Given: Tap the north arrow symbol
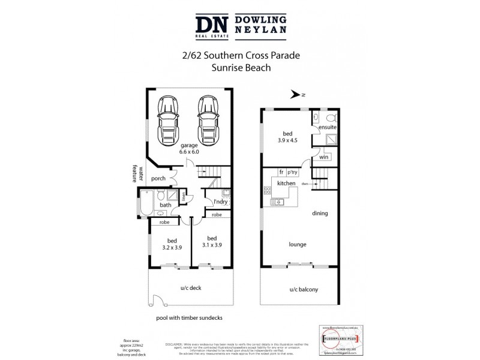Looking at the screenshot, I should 295,94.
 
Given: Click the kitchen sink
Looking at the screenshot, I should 278,203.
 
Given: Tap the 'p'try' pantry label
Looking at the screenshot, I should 294,173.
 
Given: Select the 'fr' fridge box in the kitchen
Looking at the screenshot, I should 280,173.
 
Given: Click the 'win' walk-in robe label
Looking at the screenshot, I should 324,157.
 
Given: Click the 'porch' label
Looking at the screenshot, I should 158,178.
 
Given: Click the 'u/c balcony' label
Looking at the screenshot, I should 303,290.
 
